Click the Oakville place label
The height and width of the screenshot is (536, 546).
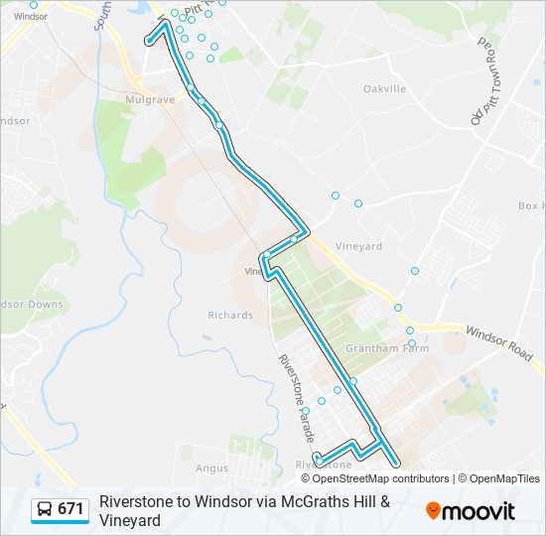[x=385, y=89]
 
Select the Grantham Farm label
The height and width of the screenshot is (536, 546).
[x=378, y=348]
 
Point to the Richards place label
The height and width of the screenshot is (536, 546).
[x=230, y=316]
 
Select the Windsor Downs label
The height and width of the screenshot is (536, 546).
[x=32, y=305]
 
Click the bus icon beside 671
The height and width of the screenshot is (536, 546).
[x=45, y=510]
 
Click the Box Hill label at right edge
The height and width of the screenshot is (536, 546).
[x=531, y=206]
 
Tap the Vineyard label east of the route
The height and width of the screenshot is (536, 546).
[x=358, y=246]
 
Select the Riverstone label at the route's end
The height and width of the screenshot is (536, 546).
[x=324, y=465]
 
